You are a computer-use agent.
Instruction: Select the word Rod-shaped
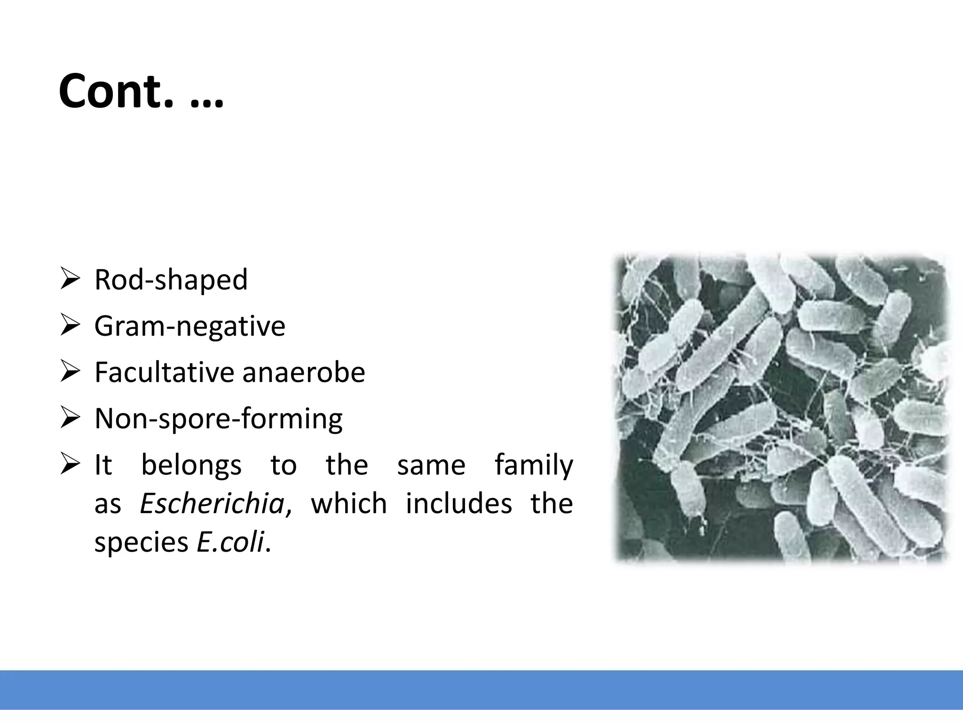tap(171, 280)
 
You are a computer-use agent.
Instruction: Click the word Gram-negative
tap(189, 326)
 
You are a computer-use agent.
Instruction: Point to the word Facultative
tap(164, 372)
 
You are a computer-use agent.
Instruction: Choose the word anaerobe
tap(303, 372)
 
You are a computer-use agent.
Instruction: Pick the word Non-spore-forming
tap(218, 418)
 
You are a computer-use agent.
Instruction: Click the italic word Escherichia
tap(212, 503)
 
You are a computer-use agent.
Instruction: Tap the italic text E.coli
tap(230, 542)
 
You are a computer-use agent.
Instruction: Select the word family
tap(534, 466)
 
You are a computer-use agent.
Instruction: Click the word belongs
tap(191, 466)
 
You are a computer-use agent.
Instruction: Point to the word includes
tap(458, 503)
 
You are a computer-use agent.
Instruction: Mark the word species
tap(141, 543)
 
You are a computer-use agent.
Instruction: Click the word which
tap(348, 503)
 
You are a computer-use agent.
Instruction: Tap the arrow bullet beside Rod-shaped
tap(70, 280)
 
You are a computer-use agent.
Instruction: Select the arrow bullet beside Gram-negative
tap(70, 326)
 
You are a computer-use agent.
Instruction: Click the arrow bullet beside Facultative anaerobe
tap(70, 372)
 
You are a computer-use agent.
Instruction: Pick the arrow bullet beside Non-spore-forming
tap(70, 418)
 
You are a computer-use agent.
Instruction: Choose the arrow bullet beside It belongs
tap(70, 465)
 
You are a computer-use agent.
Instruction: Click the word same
tap(431, 466)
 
